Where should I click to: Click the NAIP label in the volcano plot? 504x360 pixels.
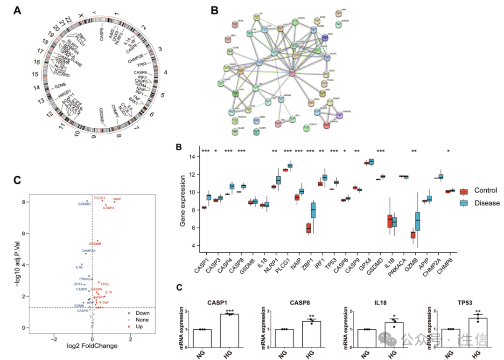117,199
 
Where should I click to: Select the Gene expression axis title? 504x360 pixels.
183,201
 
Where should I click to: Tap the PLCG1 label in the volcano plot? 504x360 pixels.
100,198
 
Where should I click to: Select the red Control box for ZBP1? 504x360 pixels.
308,228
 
